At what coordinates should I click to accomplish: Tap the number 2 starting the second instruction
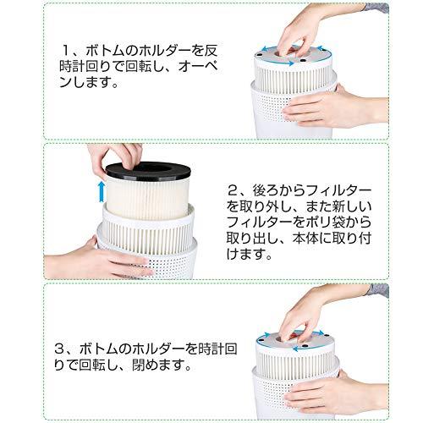tap(233, 191)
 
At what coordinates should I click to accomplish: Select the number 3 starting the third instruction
tap(61, 349)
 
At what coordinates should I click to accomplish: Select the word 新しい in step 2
tap(348, 207)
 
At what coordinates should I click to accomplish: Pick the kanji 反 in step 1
tap(211, 51)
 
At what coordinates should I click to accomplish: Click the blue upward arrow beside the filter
tap(102, 192)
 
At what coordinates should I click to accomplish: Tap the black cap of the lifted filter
tap(148, 171)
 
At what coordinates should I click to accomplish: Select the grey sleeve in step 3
tap(379, 290)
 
